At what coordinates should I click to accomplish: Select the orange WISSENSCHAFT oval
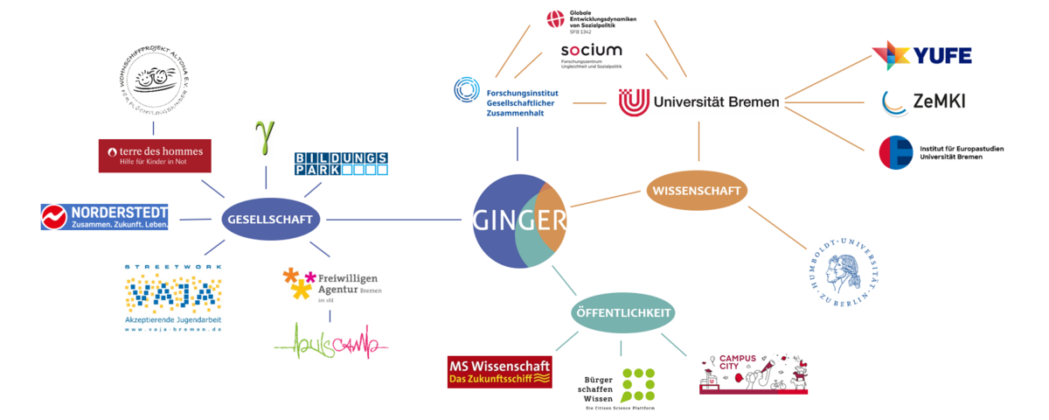point(698,189)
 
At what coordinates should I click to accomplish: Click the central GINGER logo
point(520,220)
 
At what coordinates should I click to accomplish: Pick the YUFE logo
point(921,56)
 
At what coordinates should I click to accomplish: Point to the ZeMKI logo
point(923,102)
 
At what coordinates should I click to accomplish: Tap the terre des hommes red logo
point(155,156)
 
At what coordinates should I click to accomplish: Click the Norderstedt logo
point(104,216)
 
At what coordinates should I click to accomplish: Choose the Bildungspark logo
point(341,163)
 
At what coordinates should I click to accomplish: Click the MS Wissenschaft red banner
point(499,372)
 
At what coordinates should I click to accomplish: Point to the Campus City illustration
point(753,374)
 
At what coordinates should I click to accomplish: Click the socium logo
point(592,54)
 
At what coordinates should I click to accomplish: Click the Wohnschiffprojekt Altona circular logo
point(155,82)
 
